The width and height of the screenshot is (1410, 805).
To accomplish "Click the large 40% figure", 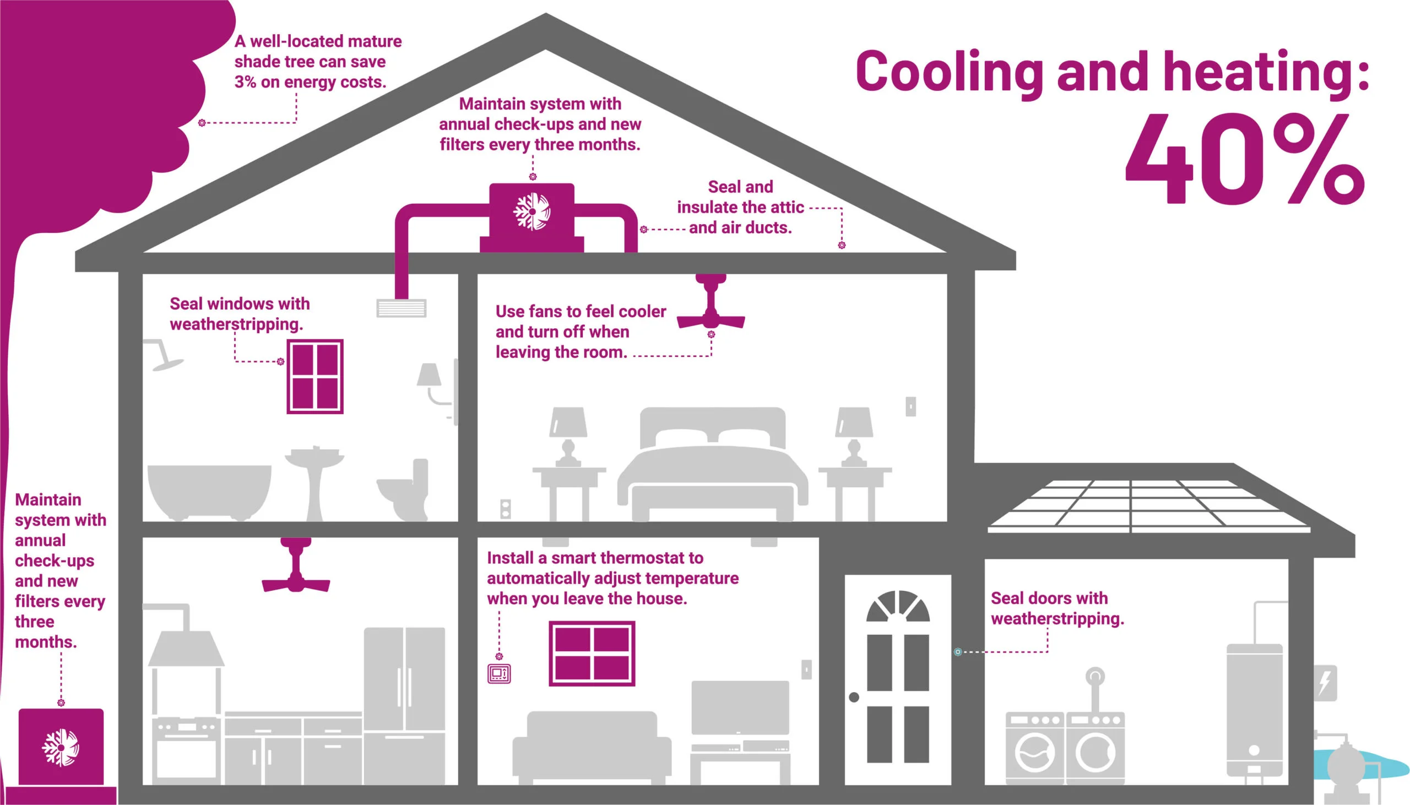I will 1244,159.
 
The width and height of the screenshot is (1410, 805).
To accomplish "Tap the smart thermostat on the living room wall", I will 499,673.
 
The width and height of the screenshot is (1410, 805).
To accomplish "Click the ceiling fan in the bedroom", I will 711,309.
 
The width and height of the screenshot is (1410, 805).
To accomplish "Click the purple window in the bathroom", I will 314,377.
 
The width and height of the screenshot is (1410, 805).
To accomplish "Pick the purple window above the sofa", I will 592,653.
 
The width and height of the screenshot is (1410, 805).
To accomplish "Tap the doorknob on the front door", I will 854,697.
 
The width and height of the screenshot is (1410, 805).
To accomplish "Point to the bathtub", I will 209,491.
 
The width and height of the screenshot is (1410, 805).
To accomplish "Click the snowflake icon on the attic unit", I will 532,211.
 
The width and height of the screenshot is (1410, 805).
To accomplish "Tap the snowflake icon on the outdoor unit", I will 61,748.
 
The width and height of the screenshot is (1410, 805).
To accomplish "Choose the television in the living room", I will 740,708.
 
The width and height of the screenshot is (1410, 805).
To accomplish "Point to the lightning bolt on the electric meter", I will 1325,683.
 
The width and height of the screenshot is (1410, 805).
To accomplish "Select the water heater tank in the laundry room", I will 1254,710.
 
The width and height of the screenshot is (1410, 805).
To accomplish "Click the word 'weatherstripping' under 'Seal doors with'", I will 1056,619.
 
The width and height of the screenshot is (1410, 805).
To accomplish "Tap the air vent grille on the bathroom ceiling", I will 402,308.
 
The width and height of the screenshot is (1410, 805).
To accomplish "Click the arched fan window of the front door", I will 897,607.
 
